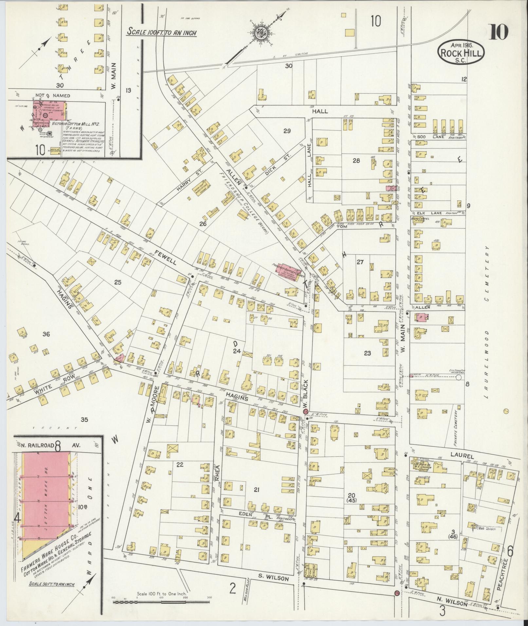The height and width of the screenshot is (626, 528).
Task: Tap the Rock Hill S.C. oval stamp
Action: point(461,52)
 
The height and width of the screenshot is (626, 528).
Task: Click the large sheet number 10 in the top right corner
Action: point(499,32)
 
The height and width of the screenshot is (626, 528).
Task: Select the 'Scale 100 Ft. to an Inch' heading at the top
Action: point(162,32)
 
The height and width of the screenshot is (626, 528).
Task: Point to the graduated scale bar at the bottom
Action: point(161,602)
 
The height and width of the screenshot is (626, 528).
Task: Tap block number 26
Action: point(203,224)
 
